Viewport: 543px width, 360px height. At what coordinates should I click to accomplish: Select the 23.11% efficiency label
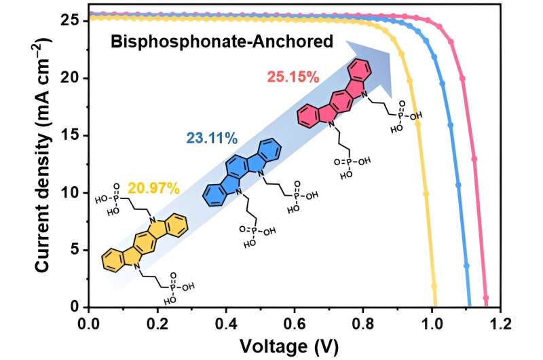point(211,139)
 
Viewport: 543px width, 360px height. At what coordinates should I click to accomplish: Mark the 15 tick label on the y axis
point(71,136)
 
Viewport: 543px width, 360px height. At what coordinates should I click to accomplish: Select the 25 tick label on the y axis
point(71,21)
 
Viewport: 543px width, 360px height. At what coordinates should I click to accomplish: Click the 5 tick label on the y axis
point(76,250)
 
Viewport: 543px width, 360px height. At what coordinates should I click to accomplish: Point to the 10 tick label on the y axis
point(71,193)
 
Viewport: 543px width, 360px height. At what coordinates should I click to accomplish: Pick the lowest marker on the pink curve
point(485,298)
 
